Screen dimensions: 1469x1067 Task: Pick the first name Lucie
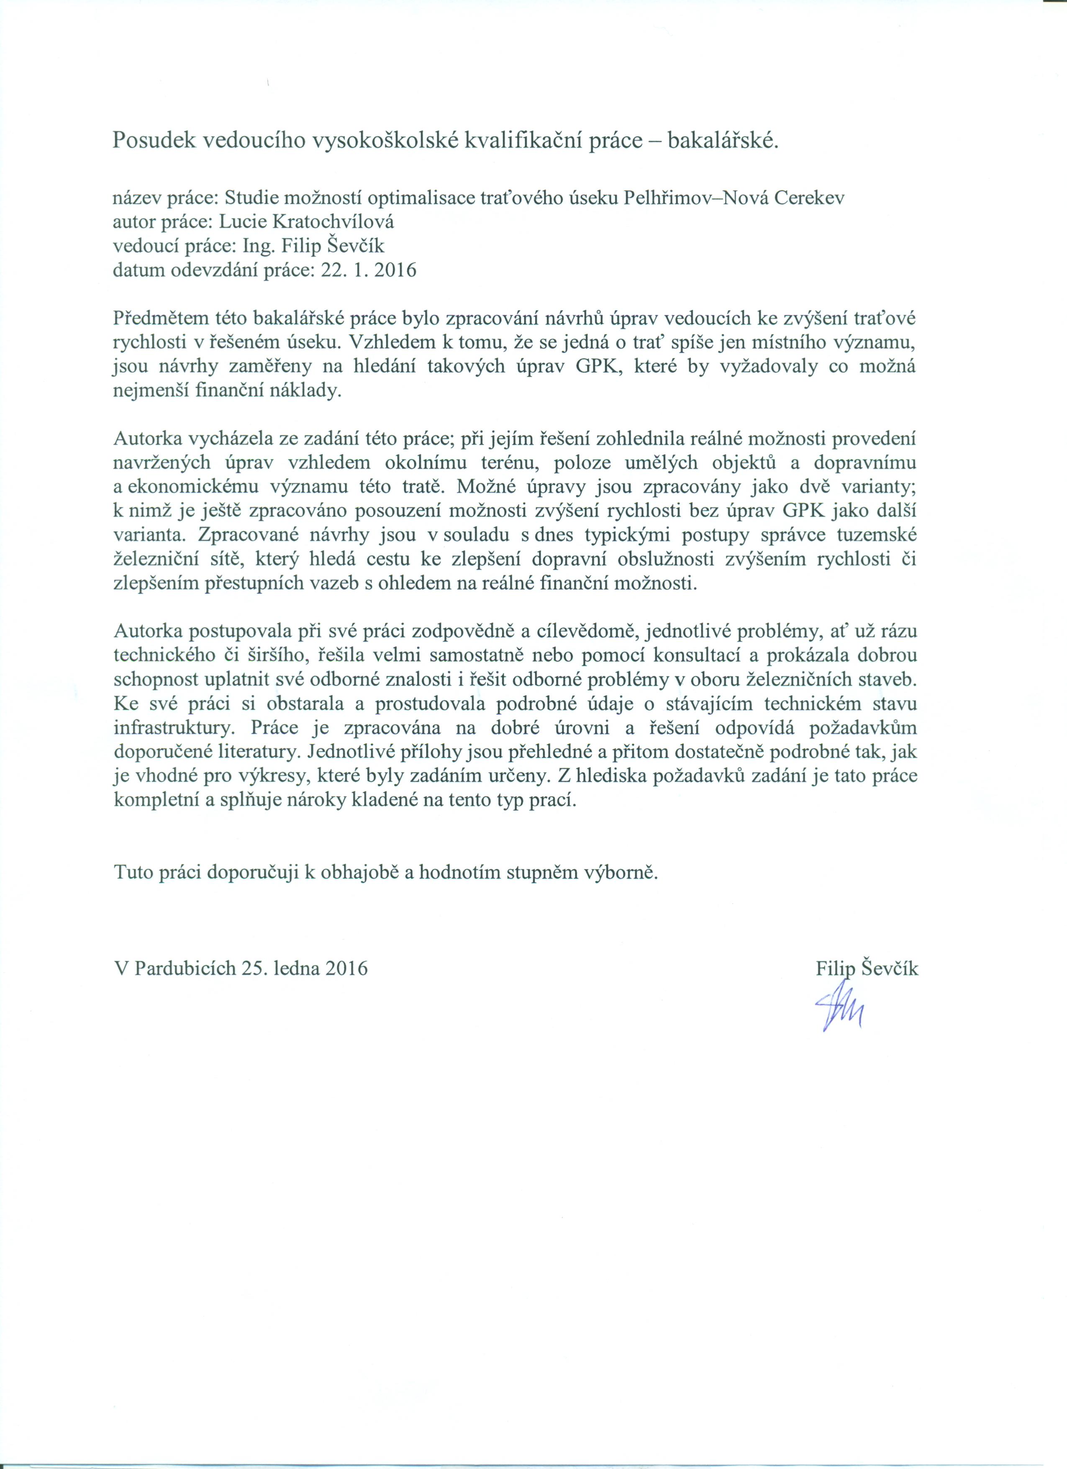(x=242, y=222)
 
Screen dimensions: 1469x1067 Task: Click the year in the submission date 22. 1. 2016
(x=395, y=270)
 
